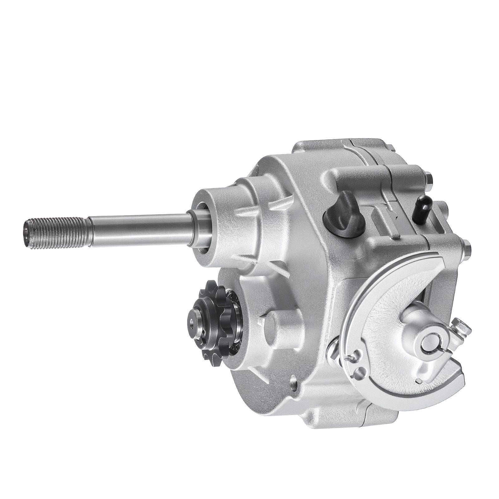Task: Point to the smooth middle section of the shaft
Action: (137, 221)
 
